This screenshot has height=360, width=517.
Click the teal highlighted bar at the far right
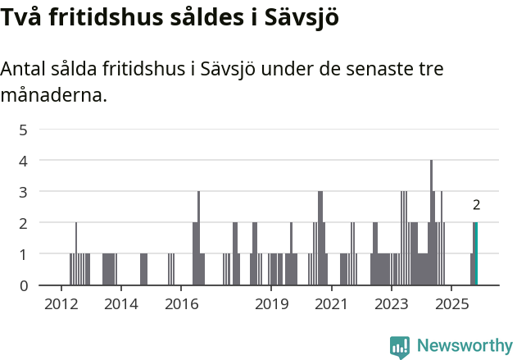coord(475,254)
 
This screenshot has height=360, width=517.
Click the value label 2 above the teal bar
coord(476,206)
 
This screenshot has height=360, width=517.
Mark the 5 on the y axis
coord(24,130)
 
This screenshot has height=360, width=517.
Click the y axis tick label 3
coord(24,192)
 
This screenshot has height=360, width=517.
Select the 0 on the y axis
coord(24,285)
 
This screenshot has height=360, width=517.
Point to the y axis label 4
coord(24,161)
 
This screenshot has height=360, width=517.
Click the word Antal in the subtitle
coord(25,69)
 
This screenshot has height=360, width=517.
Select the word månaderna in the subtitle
coord(53,96)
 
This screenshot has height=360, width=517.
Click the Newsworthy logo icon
coord(400,346)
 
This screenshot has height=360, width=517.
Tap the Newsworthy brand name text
coord(465,346)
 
